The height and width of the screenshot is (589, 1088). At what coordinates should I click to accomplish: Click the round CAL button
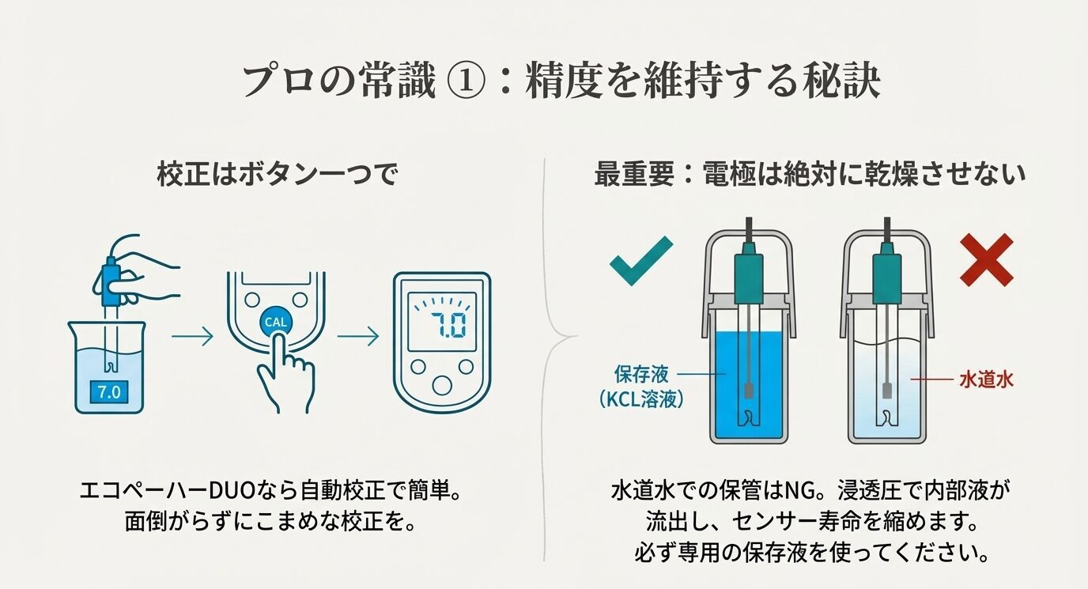[276, 323]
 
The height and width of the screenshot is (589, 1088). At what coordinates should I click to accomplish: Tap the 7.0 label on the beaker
[108, 391]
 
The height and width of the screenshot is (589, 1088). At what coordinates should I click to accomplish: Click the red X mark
[986, 259]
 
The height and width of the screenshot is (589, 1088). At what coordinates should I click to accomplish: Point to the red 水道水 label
[985, 380]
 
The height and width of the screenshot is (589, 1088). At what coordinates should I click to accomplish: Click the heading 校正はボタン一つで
[276, 176]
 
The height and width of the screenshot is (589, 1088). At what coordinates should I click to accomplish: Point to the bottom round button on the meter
[443, 384]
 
